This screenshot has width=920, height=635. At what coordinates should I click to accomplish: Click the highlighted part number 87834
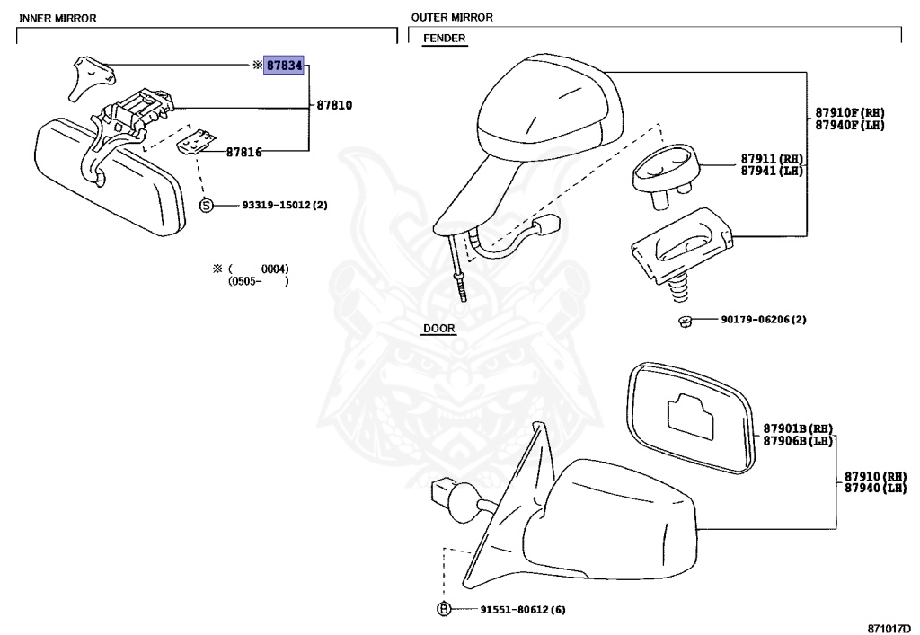pos(284,66)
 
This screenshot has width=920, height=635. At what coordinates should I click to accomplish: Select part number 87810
pos(334,105)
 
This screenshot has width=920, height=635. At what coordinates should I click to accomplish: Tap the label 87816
pos(243,153)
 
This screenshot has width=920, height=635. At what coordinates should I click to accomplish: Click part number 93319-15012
pos(285,205)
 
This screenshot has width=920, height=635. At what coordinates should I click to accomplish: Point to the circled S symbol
pos(206,206)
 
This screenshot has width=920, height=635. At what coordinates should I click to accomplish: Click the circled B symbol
pos(443,610)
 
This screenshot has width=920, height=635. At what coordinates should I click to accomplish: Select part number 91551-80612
pos(509,610)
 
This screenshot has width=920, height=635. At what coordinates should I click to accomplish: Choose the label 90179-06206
pos(763,320)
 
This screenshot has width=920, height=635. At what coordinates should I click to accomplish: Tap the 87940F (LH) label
pos(849,125)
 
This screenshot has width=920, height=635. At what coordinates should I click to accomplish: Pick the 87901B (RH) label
pos(798,428)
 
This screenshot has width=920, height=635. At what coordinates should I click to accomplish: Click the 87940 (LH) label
pos(875,488)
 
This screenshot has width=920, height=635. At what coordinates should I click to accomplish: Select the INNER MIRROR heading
pos(57,18)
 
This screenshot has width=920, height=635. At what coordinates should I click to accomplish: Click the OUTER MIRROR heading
pos(452,17)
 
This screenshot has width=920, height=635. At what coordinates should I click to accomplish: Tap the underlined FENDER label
pos(444,39)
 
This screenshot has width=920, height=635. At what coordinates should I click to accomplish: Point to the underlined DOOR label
pos(438,329)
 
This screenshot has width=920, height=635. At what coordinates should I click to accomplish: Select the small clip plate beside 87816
pos(199,141)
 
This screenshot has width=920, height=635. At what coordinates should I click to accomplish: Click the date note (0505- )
pos(259,281)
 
